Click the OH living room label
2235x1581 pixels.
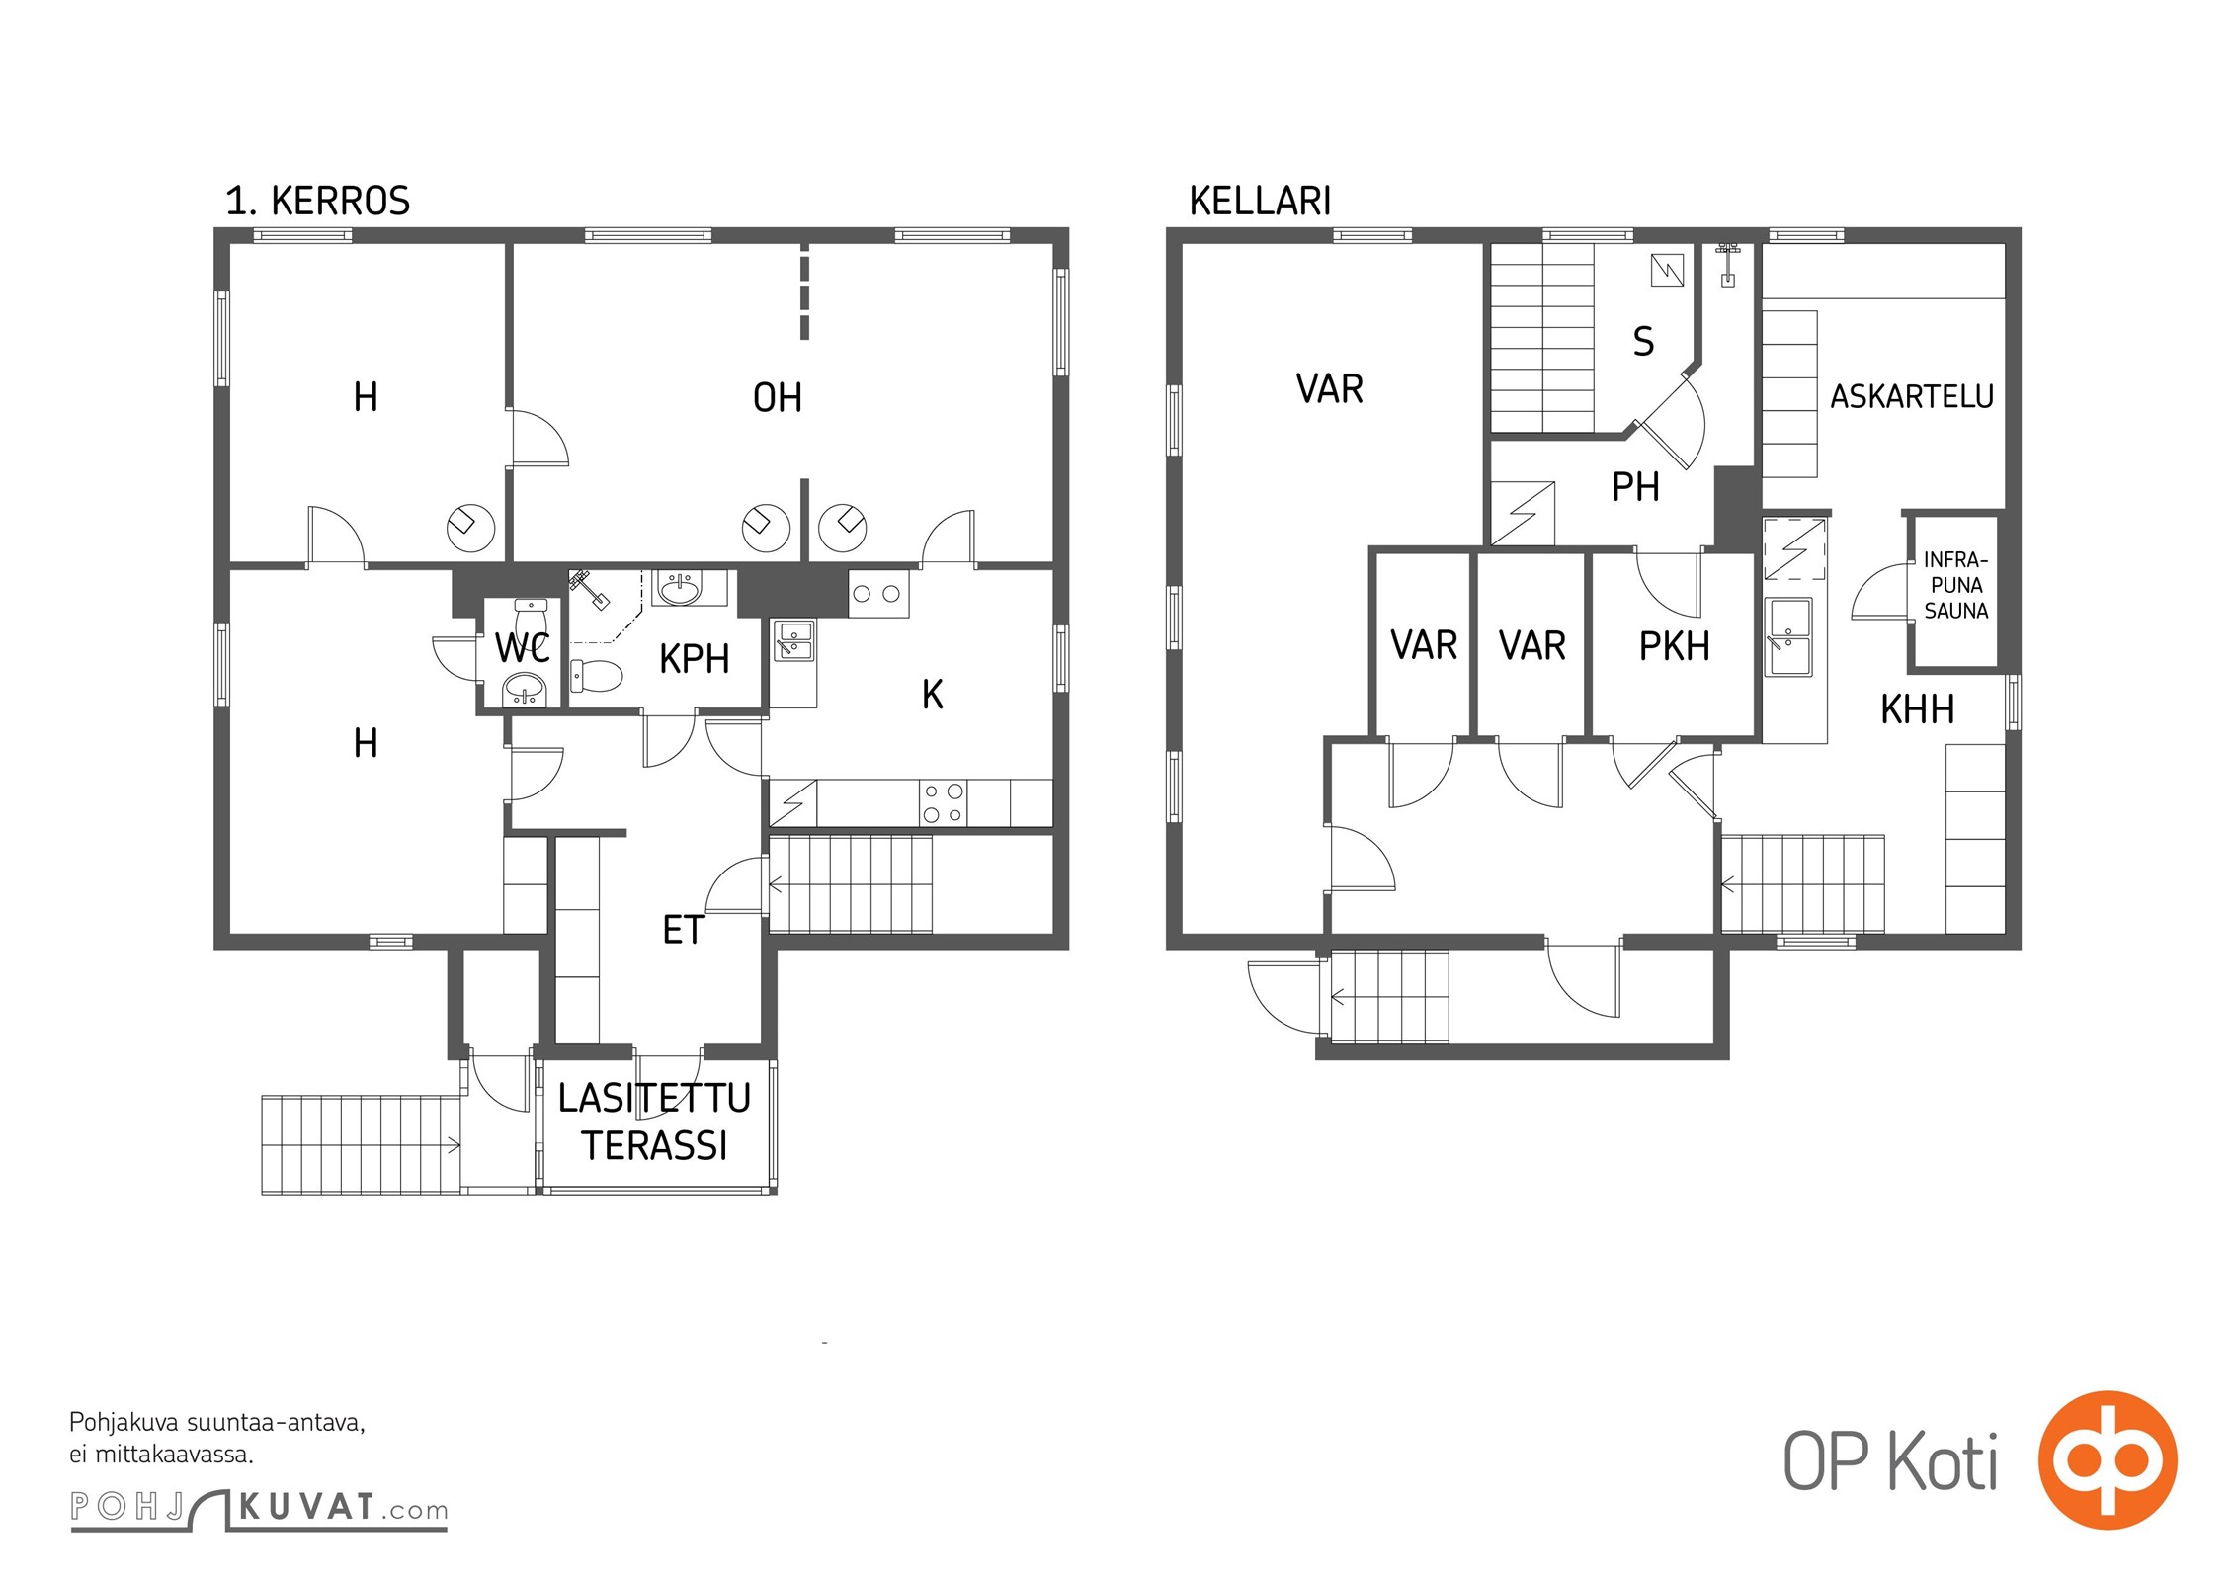tap(778, 398)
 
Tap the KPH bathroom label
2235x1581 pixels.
tap(695, 659)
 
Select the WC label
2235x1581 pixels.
tap(522, 649)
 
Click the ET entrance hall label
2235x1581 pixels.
tap(683, 930)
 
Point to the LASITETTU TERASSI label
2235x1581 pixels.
tap(654, 1122)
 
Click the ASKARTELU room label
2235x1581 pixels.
tap(1912, 397)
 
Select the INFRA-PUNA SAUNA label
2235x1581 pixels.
tap(1955, 585)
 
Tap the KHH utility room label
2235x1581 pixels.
tap(1917, 709)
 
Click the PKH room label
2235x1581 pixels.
tap(1674, 646)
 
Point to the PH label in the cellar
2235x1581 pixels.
tap(1635, 487)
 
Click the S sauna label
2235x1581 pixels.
tap(1643, 342)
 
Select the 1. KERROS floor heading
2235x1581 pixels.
tap(317, 201)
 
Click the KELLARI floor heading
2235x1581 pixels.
tap(1260, 201)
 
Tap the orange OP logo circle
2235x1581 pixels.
tap(2108, 1459)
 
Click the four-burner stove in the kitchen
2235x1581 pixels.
tap(943, 802)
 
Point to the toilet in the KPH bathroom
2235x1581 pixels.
tap(597, 676)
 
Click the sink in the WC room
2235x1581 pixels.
tap(524, 690)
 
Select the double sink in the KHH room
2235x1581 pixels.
tap(1788, 637)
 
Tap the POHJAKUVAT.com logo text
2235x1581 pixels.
tap(259, 1509)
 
